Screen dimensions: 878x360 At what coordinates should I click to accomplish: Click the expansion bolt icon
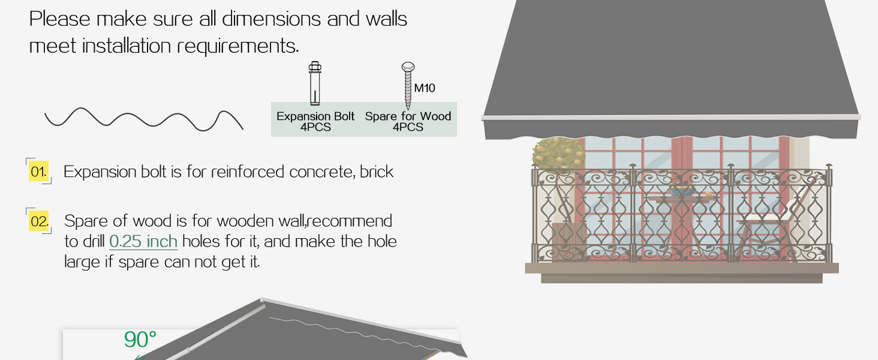315,83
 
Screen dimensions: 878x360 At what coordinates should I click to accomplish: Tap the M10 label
425,88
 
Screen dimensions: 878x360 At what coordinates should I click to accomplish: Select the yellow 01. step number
38,172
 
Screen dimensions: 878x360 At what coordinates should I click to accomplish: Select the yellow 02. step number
39,221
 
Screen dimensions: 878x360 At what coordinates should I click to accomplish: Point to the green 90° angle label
140,339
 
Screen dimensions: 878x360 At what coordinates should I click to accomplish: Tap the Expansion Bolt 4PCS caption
315,122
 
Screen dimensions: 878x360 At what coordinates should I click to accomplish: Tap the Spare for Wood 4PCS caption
408,122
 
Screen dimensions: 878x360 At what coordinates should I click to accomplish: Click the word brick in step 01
376,172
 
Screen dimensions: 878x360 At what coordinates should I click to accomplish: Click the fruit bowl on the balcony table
682,191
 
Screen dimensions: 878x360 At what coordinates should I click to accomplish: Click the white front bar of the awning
670,117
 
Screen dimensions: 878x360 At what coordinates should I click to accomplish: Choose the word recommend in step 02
350,221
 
